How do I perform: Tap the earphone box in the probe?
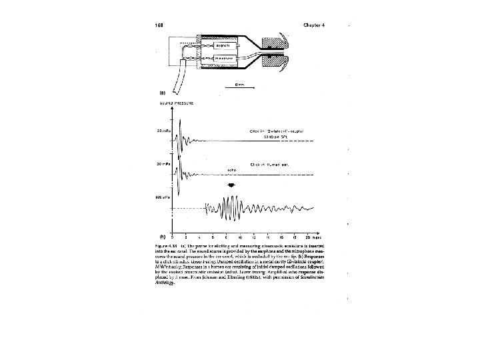217,45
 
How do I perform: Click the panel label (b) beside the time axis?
162,235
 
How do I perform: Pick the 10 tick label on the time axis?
241,237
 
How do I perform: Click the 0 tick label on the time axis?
173,237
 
